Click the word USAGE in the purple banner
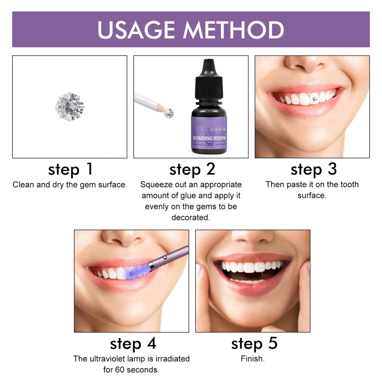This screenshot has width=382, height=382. point(136,30)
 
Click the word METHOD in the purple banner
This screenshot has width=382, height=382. point(233,30)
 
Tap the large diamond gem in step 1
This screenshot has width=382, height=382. point(70,106)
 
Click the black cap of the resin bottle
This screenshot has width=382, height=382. point(209,79)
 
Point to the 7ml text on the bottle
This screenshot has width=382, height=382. point(209,144)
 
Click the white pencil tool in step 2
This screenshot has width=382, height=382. point(148,102)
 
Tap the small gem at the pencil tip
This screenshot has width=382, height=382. point(169,113)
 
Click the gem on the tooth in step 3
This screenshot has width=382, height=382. point(314,99)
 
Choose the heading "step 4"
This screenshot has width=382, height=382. point(133,344)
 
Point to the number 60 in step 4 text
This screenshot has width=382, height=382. point(120,370)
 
